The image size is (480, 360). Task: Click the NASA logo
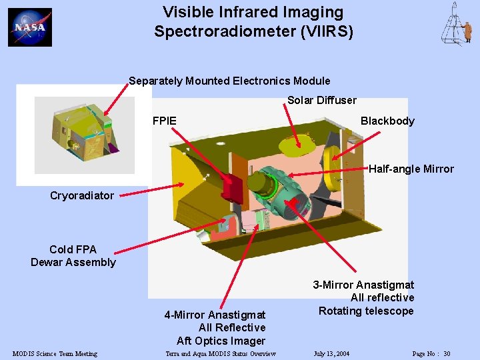[30, 27]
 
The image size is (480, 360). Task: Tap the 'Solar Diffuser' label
[321, 100]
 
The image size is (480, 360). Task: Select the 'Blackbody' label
[387, 121]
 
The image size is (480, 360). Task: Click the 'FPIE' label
[165, 121]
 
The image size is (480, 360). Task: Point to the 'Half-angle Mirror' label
[411, 169]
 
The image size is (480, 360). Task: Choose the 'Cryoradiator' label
[82, 195]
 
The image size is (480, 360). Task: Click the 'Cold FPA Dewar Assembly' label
[73, 256]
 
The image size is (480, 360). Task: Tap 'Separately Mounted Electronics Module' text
[229, 81]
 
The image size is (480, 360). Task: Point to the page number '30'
[447, 353]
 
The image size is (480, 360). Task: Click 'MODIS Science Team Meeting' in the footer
[55, 353]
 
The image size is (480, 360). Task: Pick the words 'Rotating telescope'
[366, 311]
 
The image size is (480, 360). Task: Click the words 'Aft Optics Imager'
[221, 341]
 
